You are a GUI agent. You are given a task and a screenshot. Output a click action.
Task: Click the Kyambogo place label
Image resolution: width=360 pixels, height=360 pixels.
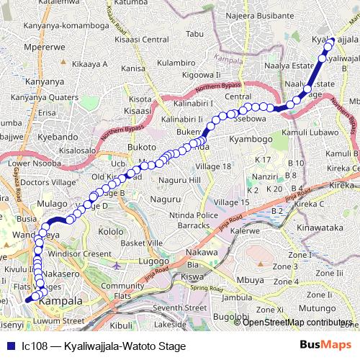pos(251,138)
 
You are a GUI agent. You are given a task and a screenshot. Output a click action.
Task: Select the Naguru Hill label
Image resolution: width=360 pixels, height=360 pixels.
pos(178,179)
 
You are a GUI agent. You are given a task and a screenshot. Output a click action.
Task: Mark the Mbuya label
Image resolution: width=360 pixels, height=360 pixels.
pos(249,279)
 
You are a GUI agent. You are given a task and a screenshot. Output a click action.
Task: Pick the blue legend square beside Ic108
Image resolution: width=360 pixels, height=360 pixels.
pos(9,346)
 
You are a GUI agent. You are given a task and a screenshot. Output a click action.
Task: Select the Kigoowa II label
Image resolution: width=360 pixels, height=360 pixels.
pos(202,74)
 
